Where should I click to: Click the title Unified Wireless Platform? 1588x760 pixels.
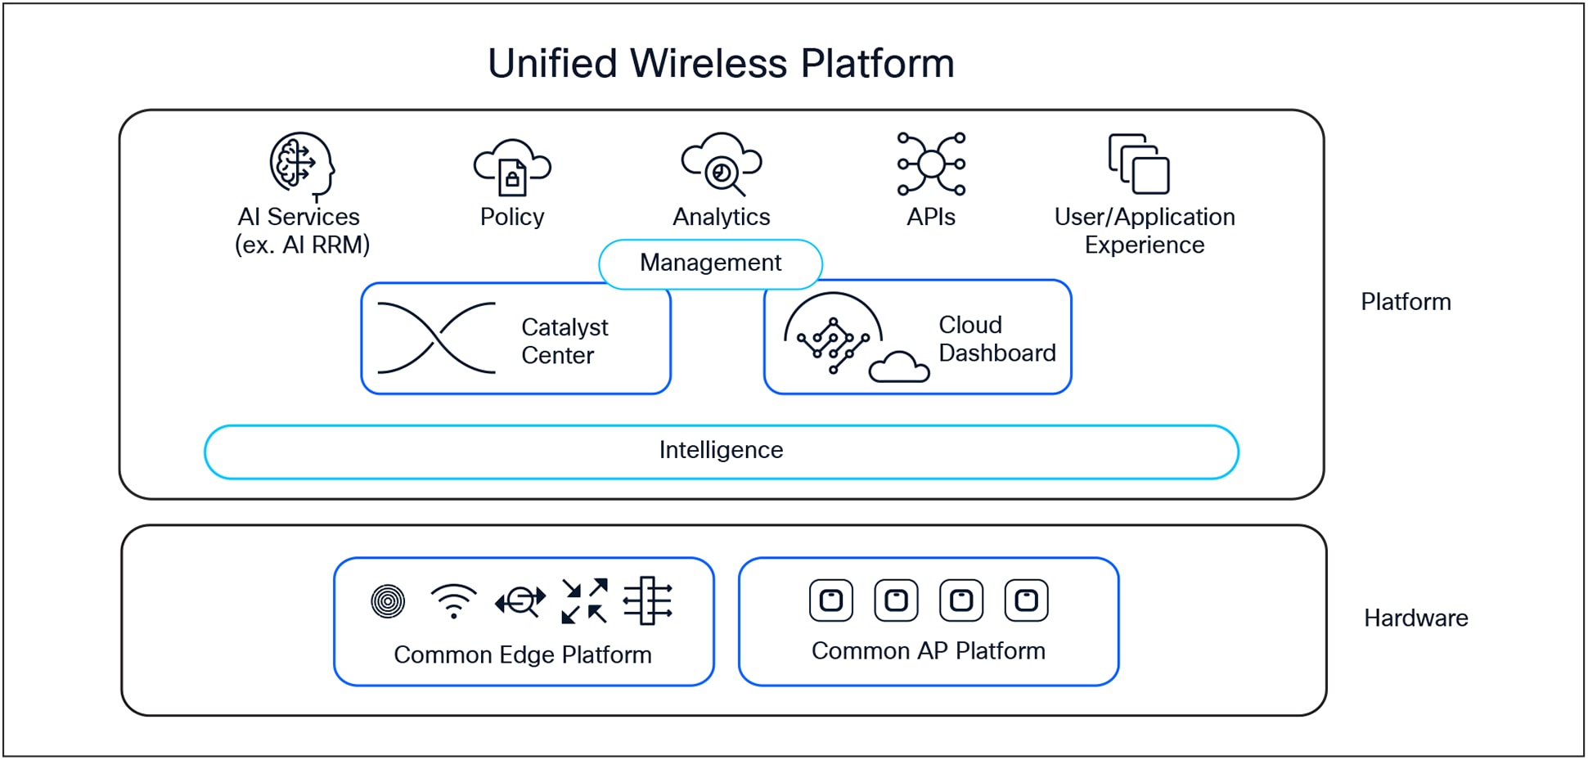(721, 63)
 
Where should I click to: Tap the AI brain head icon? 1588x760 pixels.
(302, 166)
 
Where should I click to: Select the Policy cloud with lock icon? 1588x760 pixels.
(512, 168)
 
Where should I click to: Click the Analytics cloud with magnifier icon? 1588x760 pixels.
(722, 164)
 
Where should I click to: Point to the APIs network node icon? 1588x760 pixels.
(931, 164)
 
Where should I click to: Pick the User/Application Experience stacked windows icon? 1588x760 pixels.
(1139, 164)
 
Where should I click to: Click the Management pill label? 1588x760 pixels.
(710, 263)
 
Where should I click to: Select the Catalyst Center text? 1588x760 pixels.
(564, 341)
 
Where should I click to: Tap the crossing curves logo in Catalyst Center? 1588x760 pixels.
(436, 338)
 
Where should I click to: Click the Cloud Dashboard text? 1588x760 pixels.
(996, 339)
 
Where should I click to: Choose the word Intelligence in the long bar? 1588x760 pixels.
(721, 450)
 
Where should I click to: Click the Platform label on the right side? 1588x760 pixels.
(1406, 302)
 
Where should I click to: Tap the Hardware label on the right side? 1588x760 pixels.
(1415, 618)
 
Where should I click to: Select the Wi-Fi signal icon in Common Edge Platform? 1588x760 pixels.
(453, 601)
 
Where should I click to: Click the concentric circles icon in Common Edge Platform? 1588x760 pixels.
(388, 601)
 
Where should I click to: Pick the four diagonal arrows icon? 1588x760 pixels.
(584, 601)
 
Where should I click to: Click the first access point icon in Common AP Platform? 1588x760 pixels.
(831, 600)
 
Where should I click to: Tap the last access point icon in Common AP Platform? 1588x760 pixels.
(1026, 600)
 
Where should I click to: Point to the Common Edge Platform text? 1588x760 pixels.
(523, 654)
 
